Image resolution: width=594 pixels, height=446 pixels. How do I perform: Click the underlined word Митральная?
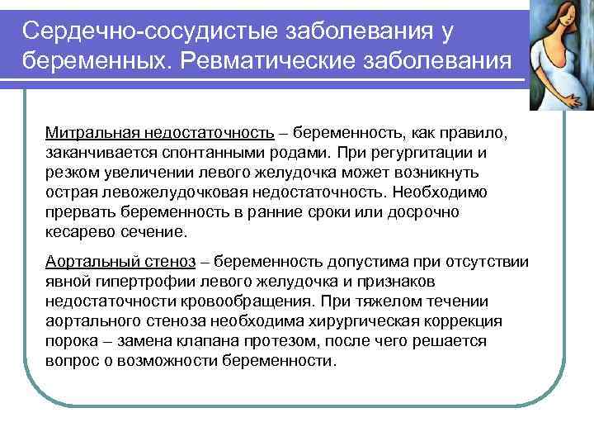92,133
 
